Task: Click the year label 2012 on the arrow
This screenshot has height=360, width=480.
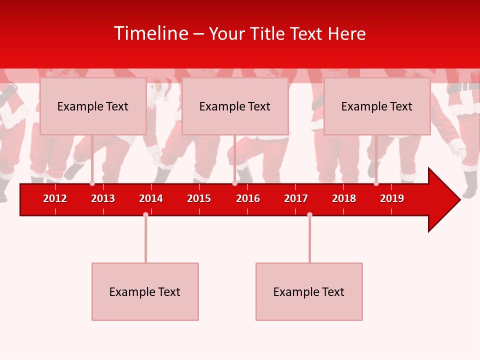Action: point(55,198)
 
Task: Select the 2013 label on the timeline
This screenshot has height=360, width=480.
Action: point(103,198)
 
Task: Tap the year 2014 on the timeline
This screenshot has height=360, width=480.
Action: point(151,198)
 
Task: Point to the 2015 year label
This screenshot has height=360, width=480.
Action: point(199,198)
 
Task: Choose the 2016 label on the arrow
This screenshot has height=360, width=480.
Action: point(248,198)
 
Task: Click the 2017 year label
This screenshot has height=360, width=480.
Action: point(296,198)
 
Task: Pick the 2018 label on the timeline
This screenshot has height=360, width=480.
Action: point(344,198)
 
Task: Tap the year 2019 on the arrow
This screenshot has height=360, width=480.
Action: point(392,198)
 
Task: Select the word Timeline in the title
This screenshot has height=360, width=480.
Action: point(150,33)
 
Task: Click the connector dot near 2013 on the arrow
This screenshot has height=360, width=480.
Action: point(92,183)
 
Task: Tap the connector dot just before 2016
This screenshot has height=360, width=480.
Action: point(234,183)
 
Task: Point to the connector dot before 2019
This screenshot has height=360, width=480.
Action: point(376,183)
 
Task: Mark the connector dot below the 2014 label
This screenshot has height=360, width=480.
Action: point(145,214)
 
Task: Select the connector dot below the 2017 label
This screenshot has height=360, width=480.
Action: point(309,214)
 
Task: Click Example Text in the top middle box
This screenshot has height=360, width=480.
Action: point(234,106)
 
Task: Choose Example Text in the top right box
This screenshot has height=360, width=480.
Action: point(376,106)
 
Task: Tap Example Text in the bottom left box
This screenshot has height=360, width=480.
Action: point(144,292)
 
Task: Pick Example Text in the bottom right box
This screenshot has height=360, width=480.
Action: point(308,292)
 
